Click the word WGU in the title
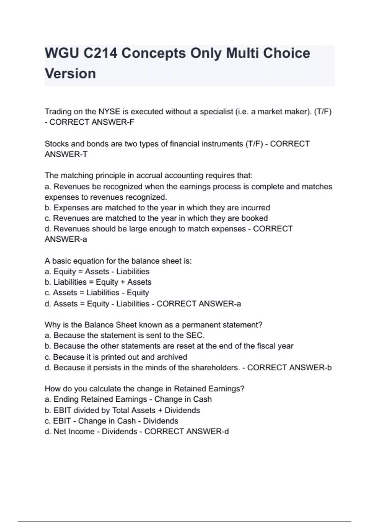(x=61, y=53)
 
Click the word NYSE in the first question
(x=109, y=112)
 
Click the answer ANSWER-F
(x=113, y=122)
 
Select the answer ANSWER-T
(x=66, y=154)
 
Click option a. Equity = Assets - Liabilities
(x=97, y=272)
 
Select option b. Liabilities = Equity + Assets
(x=98, y=282)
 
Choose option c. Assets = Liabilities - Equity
(x=97, y=293)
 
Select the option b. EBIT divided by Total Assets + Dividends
(x=122, y=411)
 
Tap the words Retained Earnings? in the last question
(x=209, y=389)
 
